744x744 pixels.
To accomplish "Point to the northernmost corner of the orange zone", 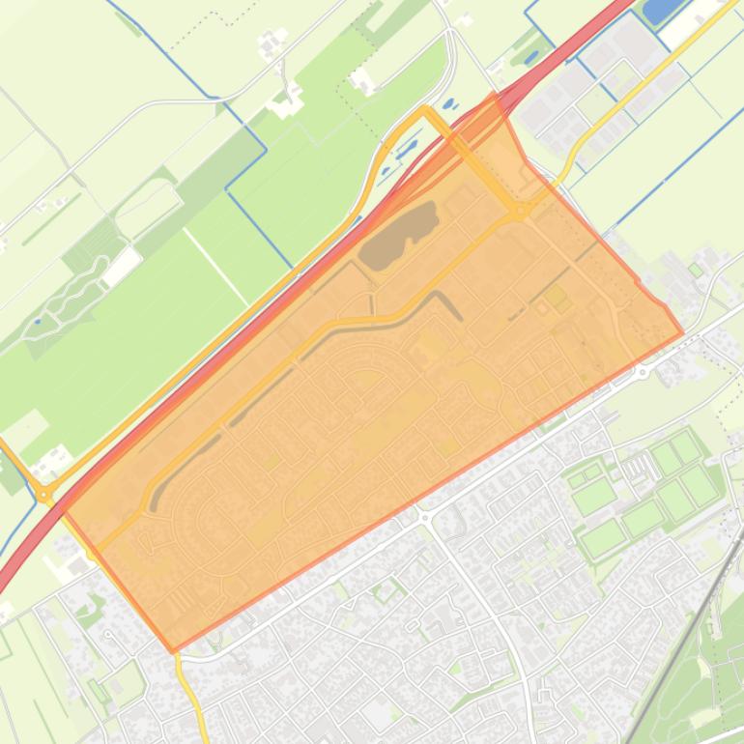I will tap(496, 96).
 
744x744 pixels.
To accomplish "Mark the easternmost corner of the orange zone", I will tap(682, 333).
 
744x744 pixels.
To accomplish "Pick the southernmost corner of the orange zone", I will tap(174, 650).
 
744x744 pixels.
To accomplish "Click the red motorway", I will tap(290, 290).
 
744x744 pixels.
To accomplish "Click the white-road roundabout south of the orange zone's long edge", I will tap(425, 517).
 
